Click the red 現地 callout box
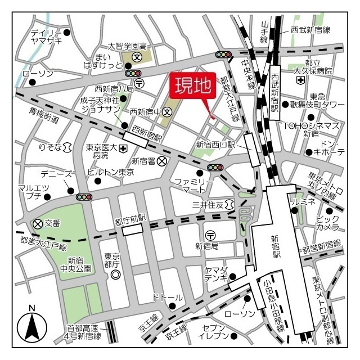[x=192, y=87]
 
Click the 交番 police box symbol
[x=38, y=223]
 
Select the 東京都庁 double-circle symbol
[x=115, y=274]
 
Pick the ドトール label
[x=168, y=297]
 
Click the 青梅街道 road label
[x=45, y=115]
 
